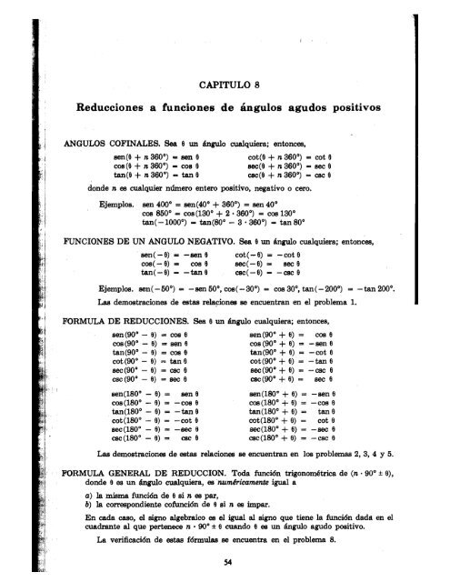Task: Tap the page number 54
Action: (229, 565)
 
